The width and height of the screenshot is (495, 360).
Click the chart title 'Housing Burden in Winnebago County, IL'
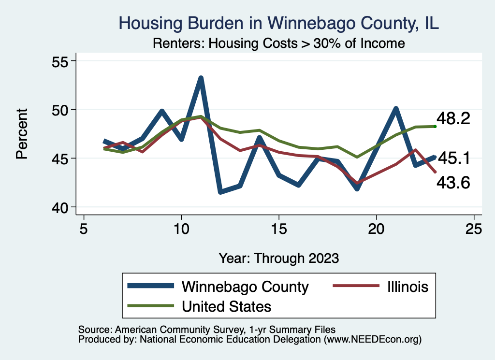click(278, 23)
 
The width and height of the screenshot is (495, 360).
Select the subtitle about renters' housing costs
click(278, 43)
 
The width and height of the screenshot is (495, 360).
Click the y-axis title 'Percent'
click(22, 134)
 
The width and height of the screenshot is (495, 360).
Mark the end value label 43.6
click(453, 182)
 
